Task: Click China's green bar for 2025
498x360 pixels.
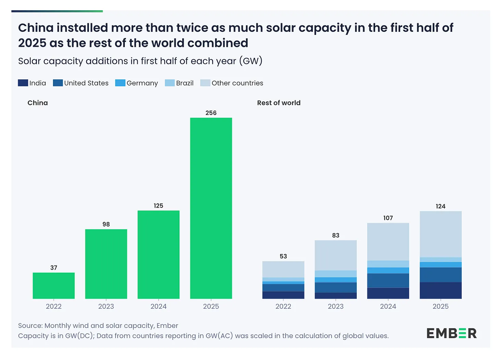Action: point(211,208)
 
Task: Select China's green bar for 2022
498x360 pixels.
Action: point(54,285)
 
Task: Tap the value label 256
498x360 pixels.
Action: point(211,113)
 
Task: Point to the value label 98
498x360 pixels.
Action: point(106,224)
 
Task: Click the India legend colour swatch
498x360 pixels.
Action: point(23,83)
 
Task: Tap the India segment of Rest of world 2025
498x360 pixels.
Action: point(441,290)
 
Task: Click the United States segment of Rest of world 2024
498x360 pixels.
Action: point(388,280)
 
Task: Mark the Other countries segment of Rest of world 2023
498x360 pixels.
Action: point(336,255)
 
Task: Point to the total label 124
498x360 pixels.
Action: point(441,206)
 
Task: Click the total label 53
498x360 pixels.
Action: point(283,256)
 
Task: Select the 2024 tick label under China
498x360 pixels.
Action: point(158,306)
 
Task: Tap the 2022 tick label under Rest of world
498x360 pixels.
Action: point(283,306)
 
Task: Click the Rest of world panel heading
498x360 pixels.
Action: point(279,103)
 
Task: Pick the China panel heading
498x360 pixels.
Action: point(38,103)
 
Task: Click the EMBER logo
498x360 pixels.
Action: point(451,333)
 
